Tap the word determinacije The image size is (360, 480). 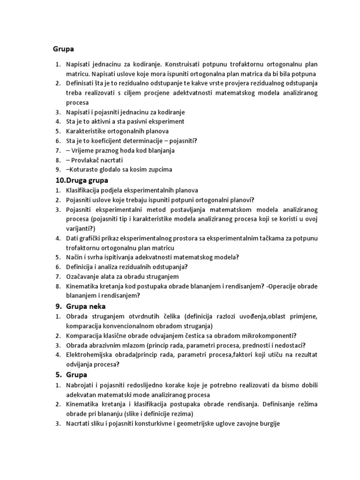pos(153,141)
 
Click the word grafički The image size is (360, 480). pos(92,238)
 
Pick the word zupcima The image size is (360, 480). pos(160,169)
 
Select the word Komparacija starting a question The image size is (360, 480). pos(84,336)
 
